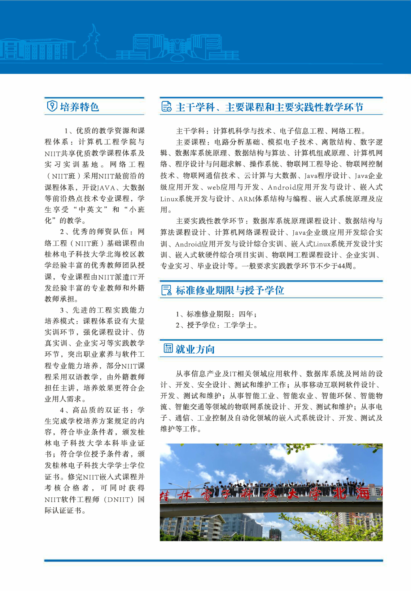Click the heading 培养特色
pyautogui.click(x=79, y=107)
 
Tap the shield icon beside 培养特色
pyautogui.click(x=52, y=106)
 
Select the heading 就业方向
pyautogui.click(x=195, y=349)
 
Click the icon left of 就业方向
pyautogui.click(x=168, y=348)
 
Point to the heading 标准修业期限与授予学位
pyautogui.click(x=230, y=290)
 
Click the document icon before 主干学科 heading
pyautogui.click(x=166, y=107)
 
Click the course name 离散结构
pyautogui.click(x=336, y=142)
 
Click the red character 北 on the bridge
pyautogui.click(x=340, y=493)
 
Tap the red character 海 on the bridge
pyautogui.click(x=363, y=493)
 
